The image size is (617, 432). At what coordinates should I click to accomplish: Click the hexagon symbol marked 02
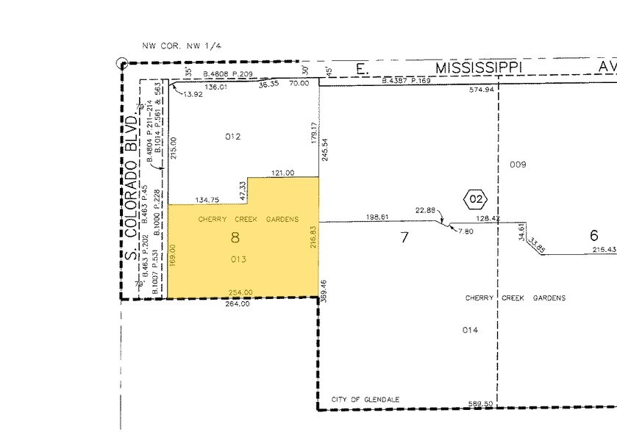475,198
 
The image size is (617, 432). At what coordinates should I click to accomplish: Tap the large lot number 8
235,237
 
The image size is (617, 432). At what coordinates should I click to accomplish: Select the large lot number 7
403,237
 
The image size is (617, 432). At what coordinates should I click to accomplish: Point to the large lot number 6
594,236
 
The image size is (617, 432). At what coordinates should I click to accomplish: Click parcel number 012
232,136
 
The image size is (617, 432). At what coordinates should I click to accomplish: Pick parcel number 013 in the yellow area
237,259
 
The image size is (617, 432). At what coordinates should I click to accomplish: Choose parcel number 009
518,164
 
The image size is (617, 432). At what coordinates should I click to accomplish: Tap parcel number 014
470,330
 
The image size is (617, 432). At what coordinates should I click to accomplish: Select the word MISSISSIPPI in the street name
479,68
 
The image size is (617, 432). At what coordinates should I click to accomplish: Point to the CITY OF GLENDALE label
365,399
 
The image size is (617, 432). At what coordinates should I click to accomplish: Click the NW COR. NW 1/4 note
182,46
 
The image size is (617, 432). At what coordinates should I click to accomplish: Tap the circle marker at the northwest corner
122,63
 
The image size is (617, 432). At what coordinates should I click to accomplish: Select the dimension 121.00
282,173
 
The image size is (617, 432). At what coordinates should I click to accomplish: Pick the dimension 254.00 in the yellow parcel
241,292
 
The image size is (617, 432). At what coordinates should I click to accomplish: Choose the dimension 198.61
377,217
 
